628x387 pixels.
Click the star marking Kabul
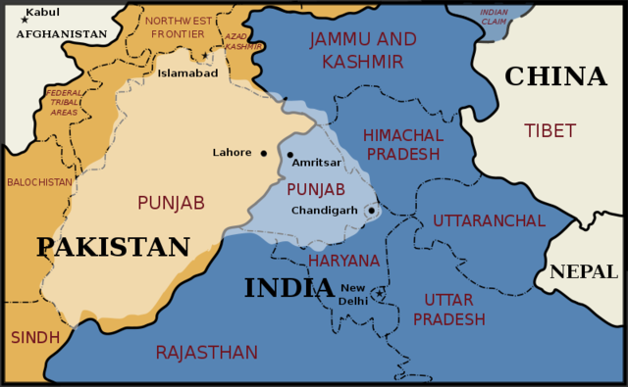tap(25, 19)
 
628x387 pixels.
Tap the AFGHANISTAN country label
tap(61, 34)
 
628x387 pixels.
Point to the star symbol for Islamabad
tap(205, 57)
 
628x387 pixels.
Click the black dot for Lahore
tap(264, 153)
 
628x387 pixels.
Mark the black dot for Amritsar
tap(289, 155)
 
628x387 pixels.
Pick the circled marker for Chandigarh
tap(371, 211)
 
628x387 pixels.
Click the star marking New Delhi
tap(379, 293)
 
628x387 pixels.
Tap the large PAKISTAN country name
tap(113, 247)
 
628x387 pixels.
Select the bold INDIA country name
tap(289, 287)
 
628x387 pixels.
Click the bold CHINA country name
tap(555, 76)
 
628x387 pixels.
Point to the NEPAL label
tap(584, 271)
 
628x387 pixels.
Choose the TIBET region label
tap(550, 130)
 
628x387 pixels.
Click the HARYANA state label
tap(343, 261)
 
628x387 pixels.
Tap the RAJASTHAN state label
tap(206, 353)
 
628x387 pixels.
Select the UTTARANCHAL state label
tap(489, 220)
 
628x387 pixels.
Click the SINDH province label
tap(34, 337)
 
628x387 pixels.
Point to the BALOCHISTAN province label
tap(39, 182)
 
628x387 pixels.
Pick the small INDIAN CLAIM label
tap(495, 16)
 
